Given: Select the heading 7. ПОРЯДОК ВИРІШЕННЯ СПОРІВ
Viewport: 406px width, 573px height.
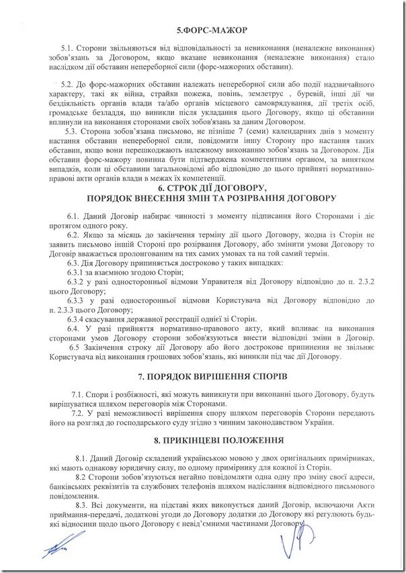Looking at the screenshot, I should [x=202, y=378].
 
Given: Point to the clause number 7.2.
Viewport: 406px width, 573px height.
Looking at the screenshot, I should [x=78, y=413].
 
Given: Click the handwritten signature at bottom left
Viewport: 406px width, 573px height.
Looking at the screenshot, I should [x=56, y=551].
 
